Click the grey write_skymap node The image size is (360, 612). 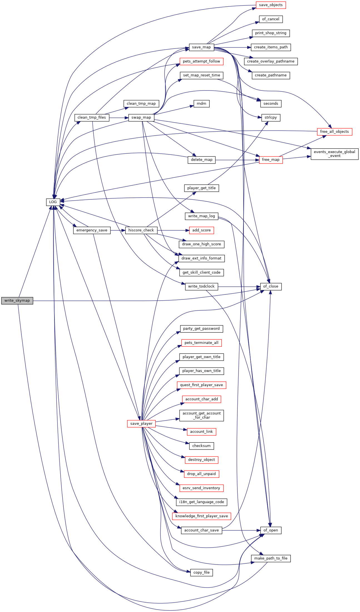click(17, 301)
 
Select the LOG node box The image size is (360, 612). click(53, 202)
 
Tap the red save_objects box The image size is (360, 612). click(270, 5)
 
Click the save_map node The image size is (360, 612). click(201, 47)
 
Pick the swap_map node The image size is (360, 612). click(141, 118)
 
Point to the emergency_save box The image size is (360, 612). click(92, 230)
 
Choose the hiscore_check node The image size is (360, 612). click(141, 230)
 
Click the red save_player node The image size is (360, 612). click(141, 424)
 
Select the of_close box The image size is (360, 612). click(270, 286)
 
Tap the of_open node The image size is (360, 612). click(270, 530)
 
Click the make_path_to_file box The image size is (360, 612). click(270, 558)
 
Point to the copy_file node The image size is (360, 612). click(201, 573)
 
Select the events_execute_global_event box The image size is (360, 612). click(334, 154)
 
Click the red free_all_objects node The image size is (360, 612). click(334, 132)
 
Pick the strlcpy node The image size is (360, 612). click(270, 118)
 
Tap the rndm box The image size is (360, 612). click(201, 104)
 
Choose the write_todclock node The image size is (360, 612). click(201, 286)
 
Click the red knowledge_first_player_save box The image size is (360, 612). click(201, 516)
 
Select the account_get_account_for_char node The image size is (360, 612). click(201, 415)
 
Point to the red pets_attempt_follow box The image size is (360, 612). click(201, 61)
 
